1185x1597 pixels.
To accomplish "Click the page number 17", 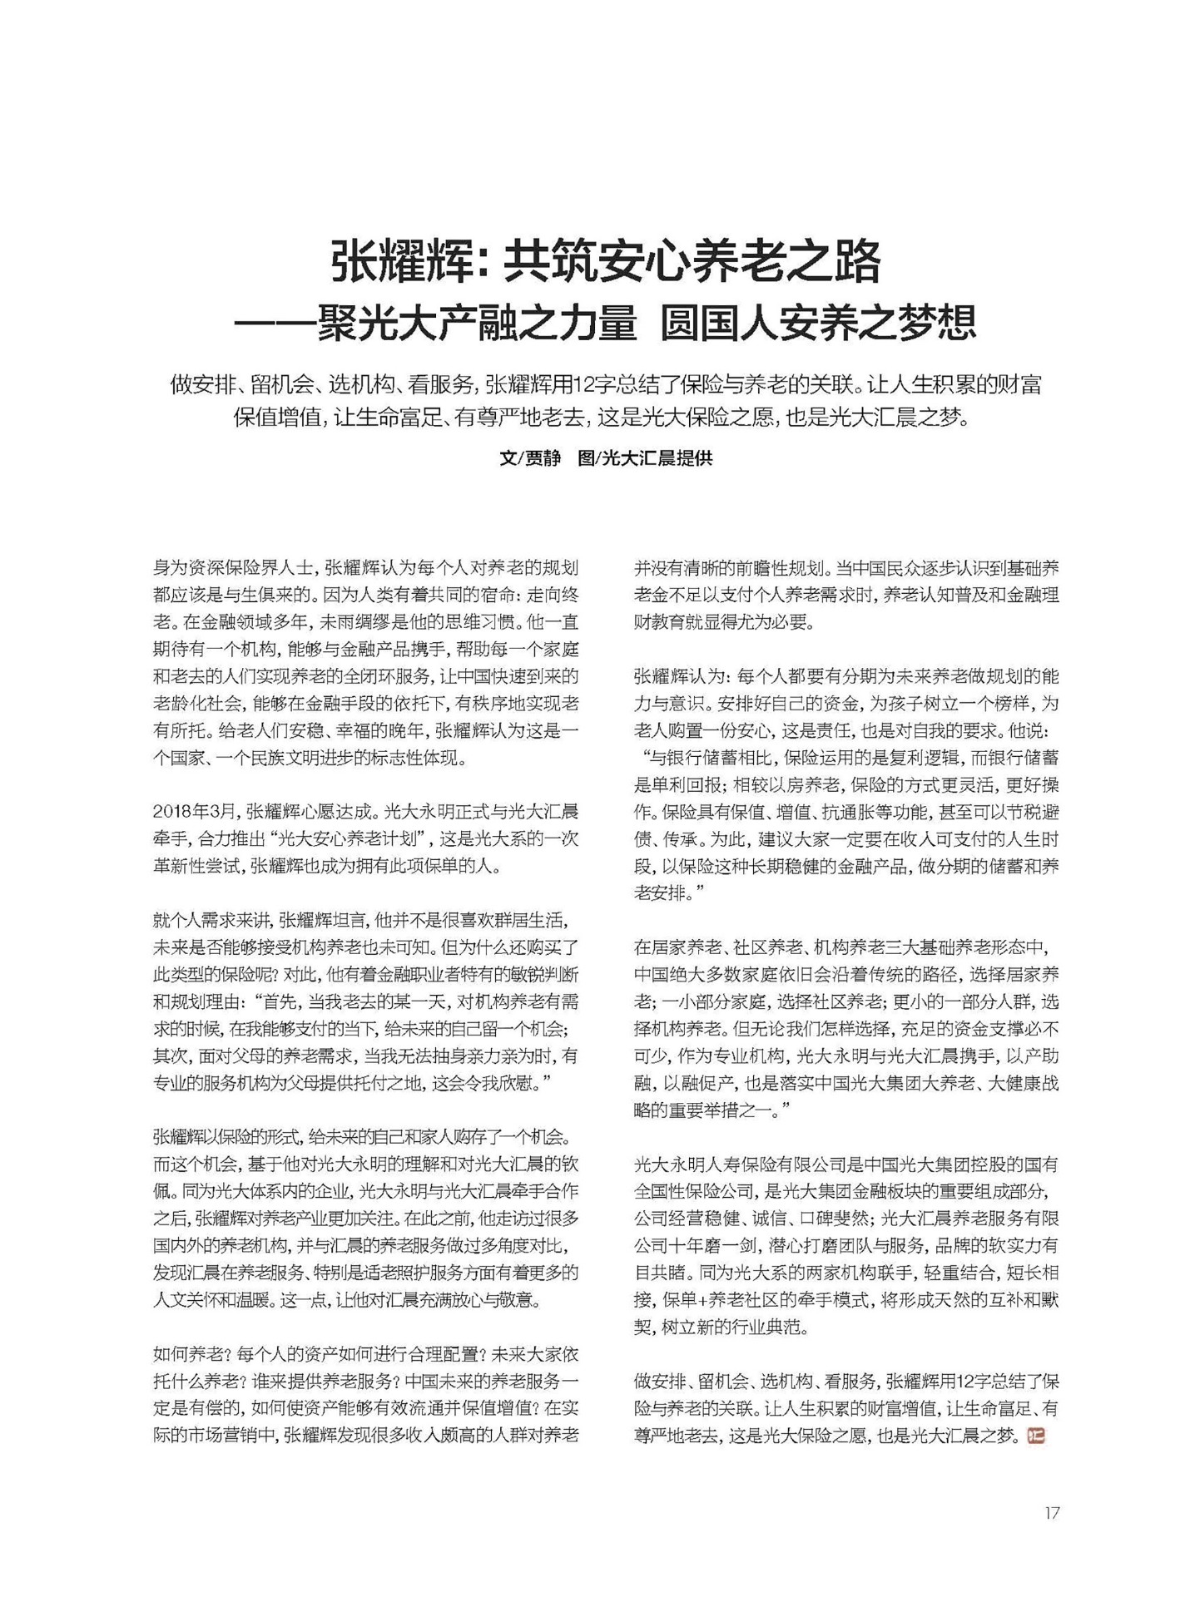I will (1052, 1513).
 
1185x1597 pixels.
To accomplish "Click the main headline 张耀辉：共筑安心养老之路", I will (606, 263).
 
